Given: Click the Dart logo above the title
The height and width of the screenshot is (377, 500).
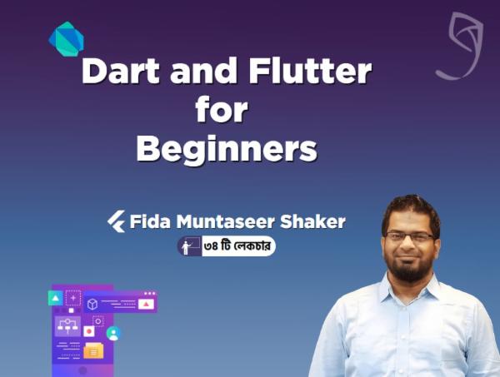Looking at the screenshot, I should pos(64,38).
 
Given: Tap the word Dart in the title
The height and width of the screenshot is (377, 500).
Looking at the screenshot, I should pos(123,73).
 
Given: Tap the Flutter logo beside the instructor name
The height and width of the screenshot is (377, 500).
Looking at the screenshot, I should pos(117,221).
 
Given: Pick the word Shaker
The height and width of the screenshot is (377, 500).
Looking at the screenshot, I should pos(315,221).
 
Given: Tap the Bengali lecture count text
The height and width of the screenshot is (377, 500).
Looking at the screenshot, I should pos(239,246).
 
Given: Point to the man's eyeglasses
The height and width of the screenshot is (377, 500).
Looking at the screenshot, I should pos(410,237).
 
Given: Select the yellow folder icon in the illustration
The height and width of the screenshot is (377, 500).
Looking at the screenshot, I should pos(92,350).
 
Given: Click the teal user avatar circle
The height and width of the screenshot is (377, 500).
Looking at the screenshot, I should pos(112,333).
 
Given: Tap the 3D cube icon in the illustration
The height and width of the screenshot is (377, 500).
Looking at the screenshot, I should pos(92,304).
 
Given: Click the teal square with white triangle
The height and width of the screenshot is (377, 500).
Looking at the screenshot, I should pos(56,297).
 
